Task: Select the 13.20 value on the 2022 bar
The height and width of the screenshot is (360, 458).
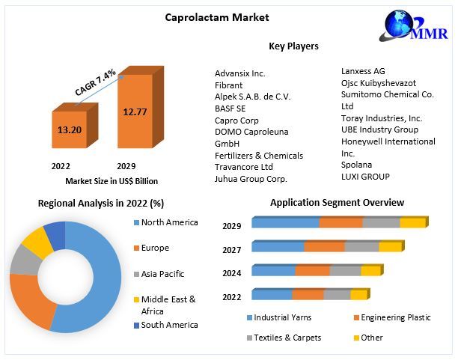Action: point(69,129)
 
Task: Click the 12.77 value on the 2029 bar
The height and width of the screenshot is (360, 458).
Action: point(134,112)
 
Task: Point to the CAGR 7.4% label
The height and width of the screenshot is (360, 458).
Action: point(95,82)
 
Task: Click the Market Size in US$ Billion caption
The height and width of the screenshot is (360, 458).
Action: point(112,181)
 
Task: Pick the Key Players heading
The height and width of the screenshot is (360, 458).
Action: point(293,46)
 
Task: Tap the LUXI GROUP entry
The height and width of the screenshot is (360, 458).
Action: point(365,177)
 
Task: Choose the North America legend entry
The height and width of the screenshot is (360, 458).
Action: point(169,222)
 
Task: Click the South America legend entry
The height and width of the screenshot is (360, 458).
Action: point(169,325)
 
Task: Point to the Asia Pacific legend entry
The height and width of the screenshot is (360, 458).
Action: point(162,274)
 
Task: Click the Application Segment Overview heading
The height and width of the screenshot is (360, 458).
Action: point(337,203)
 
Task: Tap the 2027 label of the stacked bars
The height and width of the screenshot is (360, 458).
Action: point(232,249)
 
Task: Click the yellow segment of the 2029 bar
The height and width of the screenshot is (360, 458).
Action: point(412,222)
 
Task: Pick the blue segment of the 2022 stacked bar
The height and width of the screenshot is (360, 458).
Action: point(272,295)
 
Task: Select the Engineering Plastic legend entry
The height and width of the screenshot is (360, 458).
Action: point(395,317)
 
